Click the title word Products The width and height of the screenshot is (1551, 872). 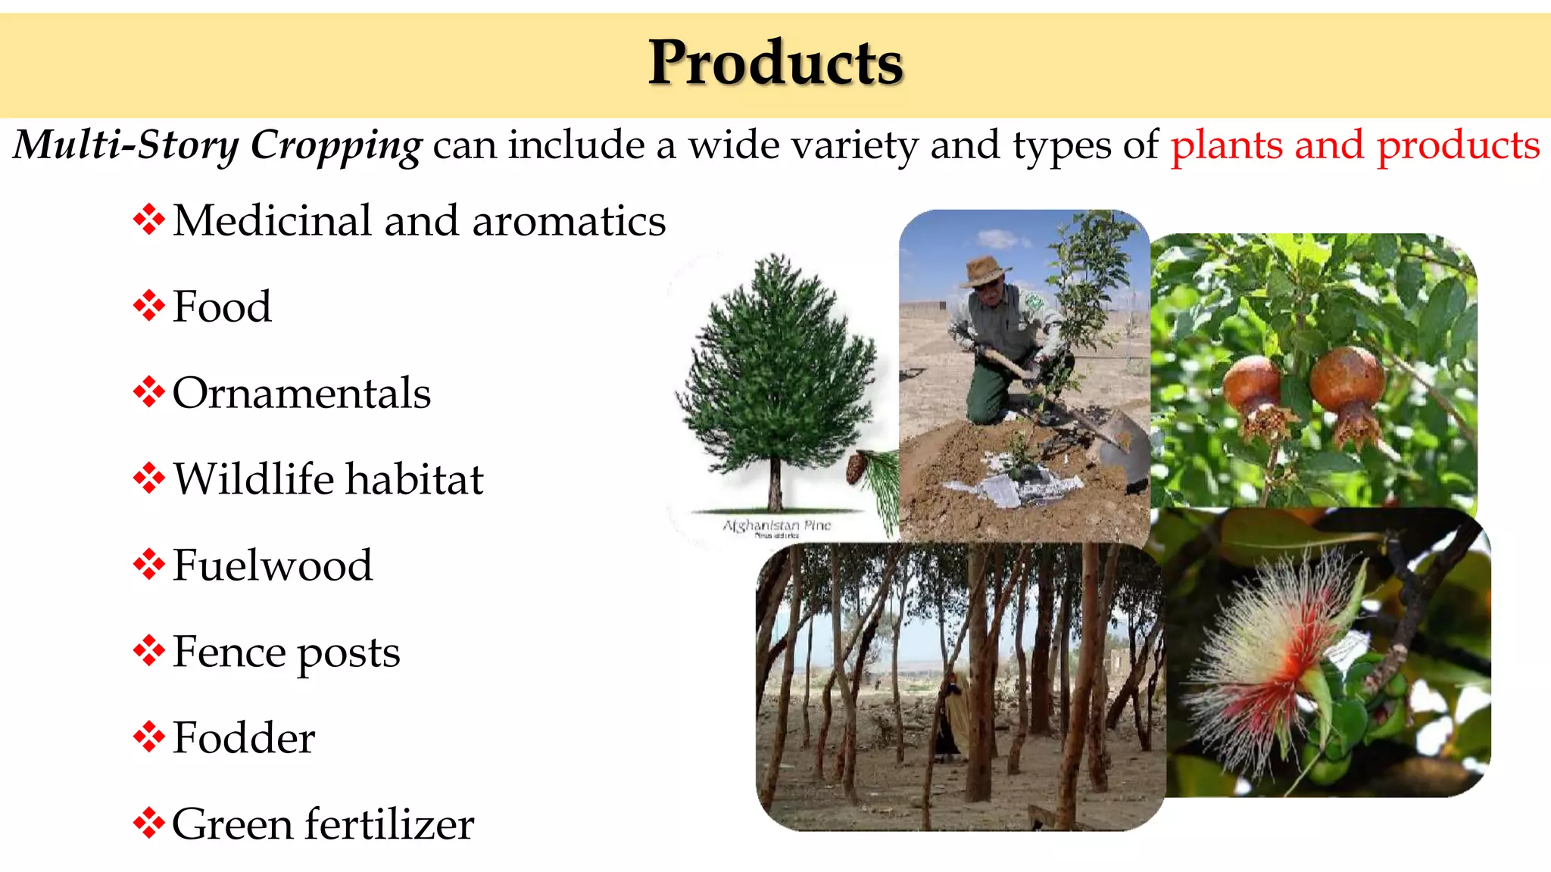pos(775,63)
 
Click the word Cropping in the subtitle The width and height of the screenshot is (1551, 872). pos(335,145)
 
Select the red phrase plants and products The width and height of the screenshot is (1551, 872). pos(1355,145)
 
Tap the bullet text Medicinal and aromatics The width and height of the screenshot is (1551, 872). pos(419,221)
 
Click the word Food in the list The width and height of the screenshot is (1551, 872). pos(222,307)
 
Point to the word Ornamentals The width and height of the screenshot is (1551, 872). pos(301,394)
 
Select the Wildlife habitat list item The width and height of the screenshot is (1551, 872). pos(328,480)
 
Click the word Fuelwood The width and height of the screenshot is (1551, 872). pos(273,566)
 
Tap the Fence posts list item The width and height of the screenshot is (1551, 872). pos(286,652)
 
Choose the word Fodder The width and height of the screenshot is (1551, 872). pos(243,739)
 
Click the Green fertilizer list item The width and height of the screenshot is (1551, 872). pos(323,825)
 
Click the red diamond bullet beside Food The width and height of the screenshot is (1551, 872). pos(148,307)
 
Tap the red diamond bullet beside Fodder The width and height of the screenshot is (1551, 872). pos(148,738)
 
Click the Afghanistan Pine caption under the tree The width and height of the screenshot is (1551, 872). pos(777,525)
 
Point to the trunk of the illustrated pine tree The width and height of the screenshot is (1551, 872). pos(775,484)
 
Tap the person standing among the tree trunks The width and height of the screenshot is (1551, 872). pos(950,712)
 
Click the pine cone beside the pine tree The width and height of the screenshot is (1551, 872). pos(856,467)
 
